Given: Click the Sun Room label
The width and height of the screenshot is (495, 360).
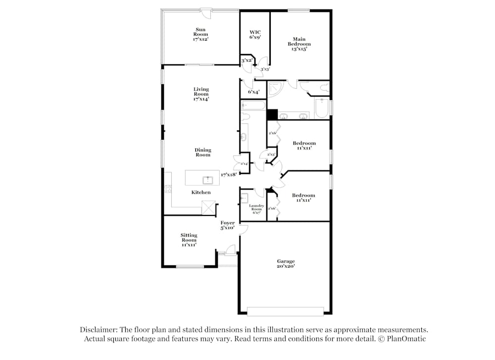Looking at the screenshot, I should pyautogui.click(x=201, y=35).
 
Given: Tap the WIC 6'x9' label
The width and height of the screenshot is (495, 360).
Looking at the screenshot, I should pyautogui.click(x=255, y=35).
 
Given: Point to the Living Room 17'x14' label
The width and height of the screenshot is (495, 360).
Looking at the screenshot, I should pyautogui.click(x=201, y=94).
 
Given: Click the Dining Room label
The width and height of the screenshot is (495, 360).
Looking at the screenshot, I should pyautogui.click(x=202, y=152).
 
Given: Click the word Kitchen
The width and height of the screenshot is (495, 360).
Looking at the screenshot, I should pyautogui.click(x=201, y=192).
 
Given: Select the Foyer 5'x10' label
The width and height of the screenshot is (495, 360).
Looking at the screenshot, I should pyautogui.click(x=228, y=225).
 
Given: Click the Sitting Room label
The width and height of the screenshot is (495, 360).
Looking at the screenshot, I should pyautogui.click(x=189, y=240).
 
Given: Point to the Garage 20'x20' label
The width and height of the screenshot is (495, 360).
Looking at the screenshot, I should pyautogui.click(x=286, y=263).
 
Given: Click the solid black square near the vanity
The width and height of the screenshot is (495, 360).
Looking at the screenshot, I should pyautogui.click(x=272, y=114).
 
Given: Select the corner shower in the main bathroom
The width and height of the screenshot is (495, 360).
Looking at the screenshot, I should pyautogui.click(x=275, y=90).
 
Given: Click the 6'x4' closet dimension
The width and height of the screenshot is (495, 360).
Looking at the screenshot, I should pyautogui.click(x=253, y=92).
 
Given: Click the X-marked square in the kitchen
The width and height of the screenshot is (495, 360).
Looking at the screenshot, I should pyautogui.click(x=208, y=207).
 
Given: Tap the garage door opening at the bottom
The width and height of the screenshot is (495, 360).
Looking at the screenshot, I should pyautogui.click(x=285, y=311).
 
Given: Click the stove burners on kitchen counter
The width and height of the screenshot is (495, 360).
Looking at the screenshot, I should pyautogui.click(x=168, y=188).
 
